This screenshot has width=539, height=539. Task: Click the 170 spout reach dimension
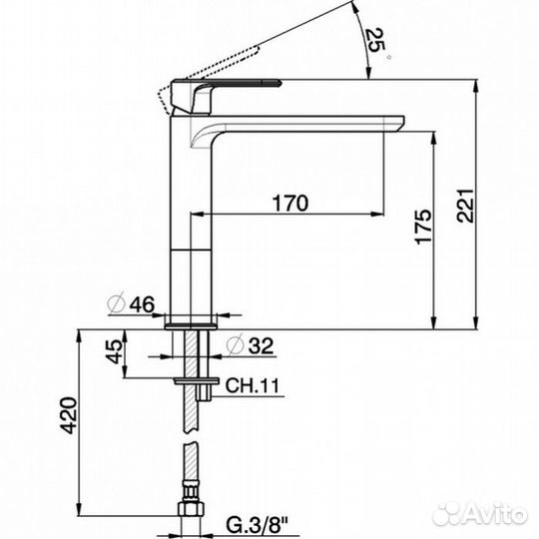point(288,203)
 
